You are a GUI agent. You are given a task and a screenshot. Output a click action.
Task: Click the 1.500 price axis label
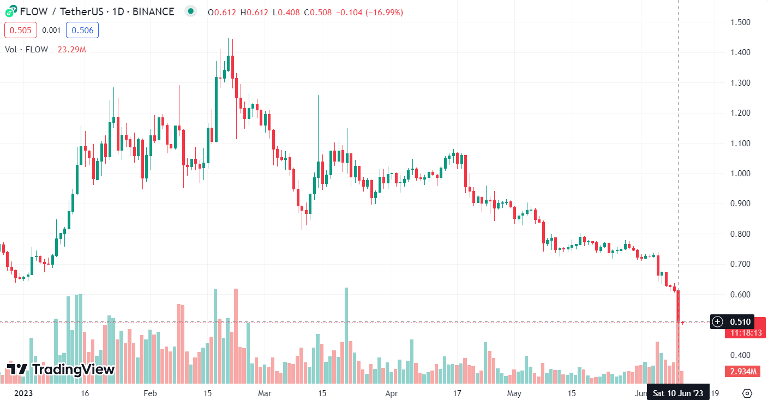(741, 22)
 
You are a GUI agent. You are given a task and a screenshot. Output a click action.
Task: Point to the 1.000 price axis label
(741, 174)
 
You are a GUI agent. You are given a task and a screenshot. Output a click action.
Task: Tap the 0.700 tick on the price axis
(741, 264)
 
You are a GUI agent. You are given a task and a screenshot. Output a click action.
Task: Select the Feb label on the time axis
(149, 393)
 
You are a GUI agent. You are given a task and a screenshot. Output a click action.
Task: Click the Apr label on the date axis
(391, 393)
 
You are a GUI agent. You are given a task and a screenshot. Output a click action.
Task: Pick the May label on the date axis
(514, 393)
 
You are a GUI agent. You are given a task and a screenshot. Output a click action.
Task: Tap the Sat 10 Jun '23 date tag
(679, 393)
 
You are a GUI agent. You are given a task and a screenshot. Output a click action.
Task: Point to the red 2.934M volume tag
(743, 372)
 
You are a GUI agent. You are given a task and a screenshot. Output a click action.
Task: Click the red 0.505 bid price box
(21, 30)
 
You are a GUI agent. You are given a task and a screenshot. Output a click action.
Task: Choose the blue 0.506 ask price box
(82, 30)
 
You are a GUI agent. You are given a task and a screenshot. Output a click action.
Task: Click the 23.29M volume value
(71, 50)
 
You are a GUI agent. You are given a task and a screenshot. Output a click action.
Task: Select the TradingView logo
(61, 369)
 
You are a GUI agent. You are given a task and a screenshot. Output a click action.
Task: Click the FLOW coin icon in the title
(11, 11)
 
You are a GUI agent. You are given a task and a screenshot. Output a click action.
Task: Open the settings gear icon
(747, 393)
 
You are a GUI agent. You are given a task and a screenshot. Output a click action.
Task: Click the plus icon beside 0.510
(718, 321)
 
